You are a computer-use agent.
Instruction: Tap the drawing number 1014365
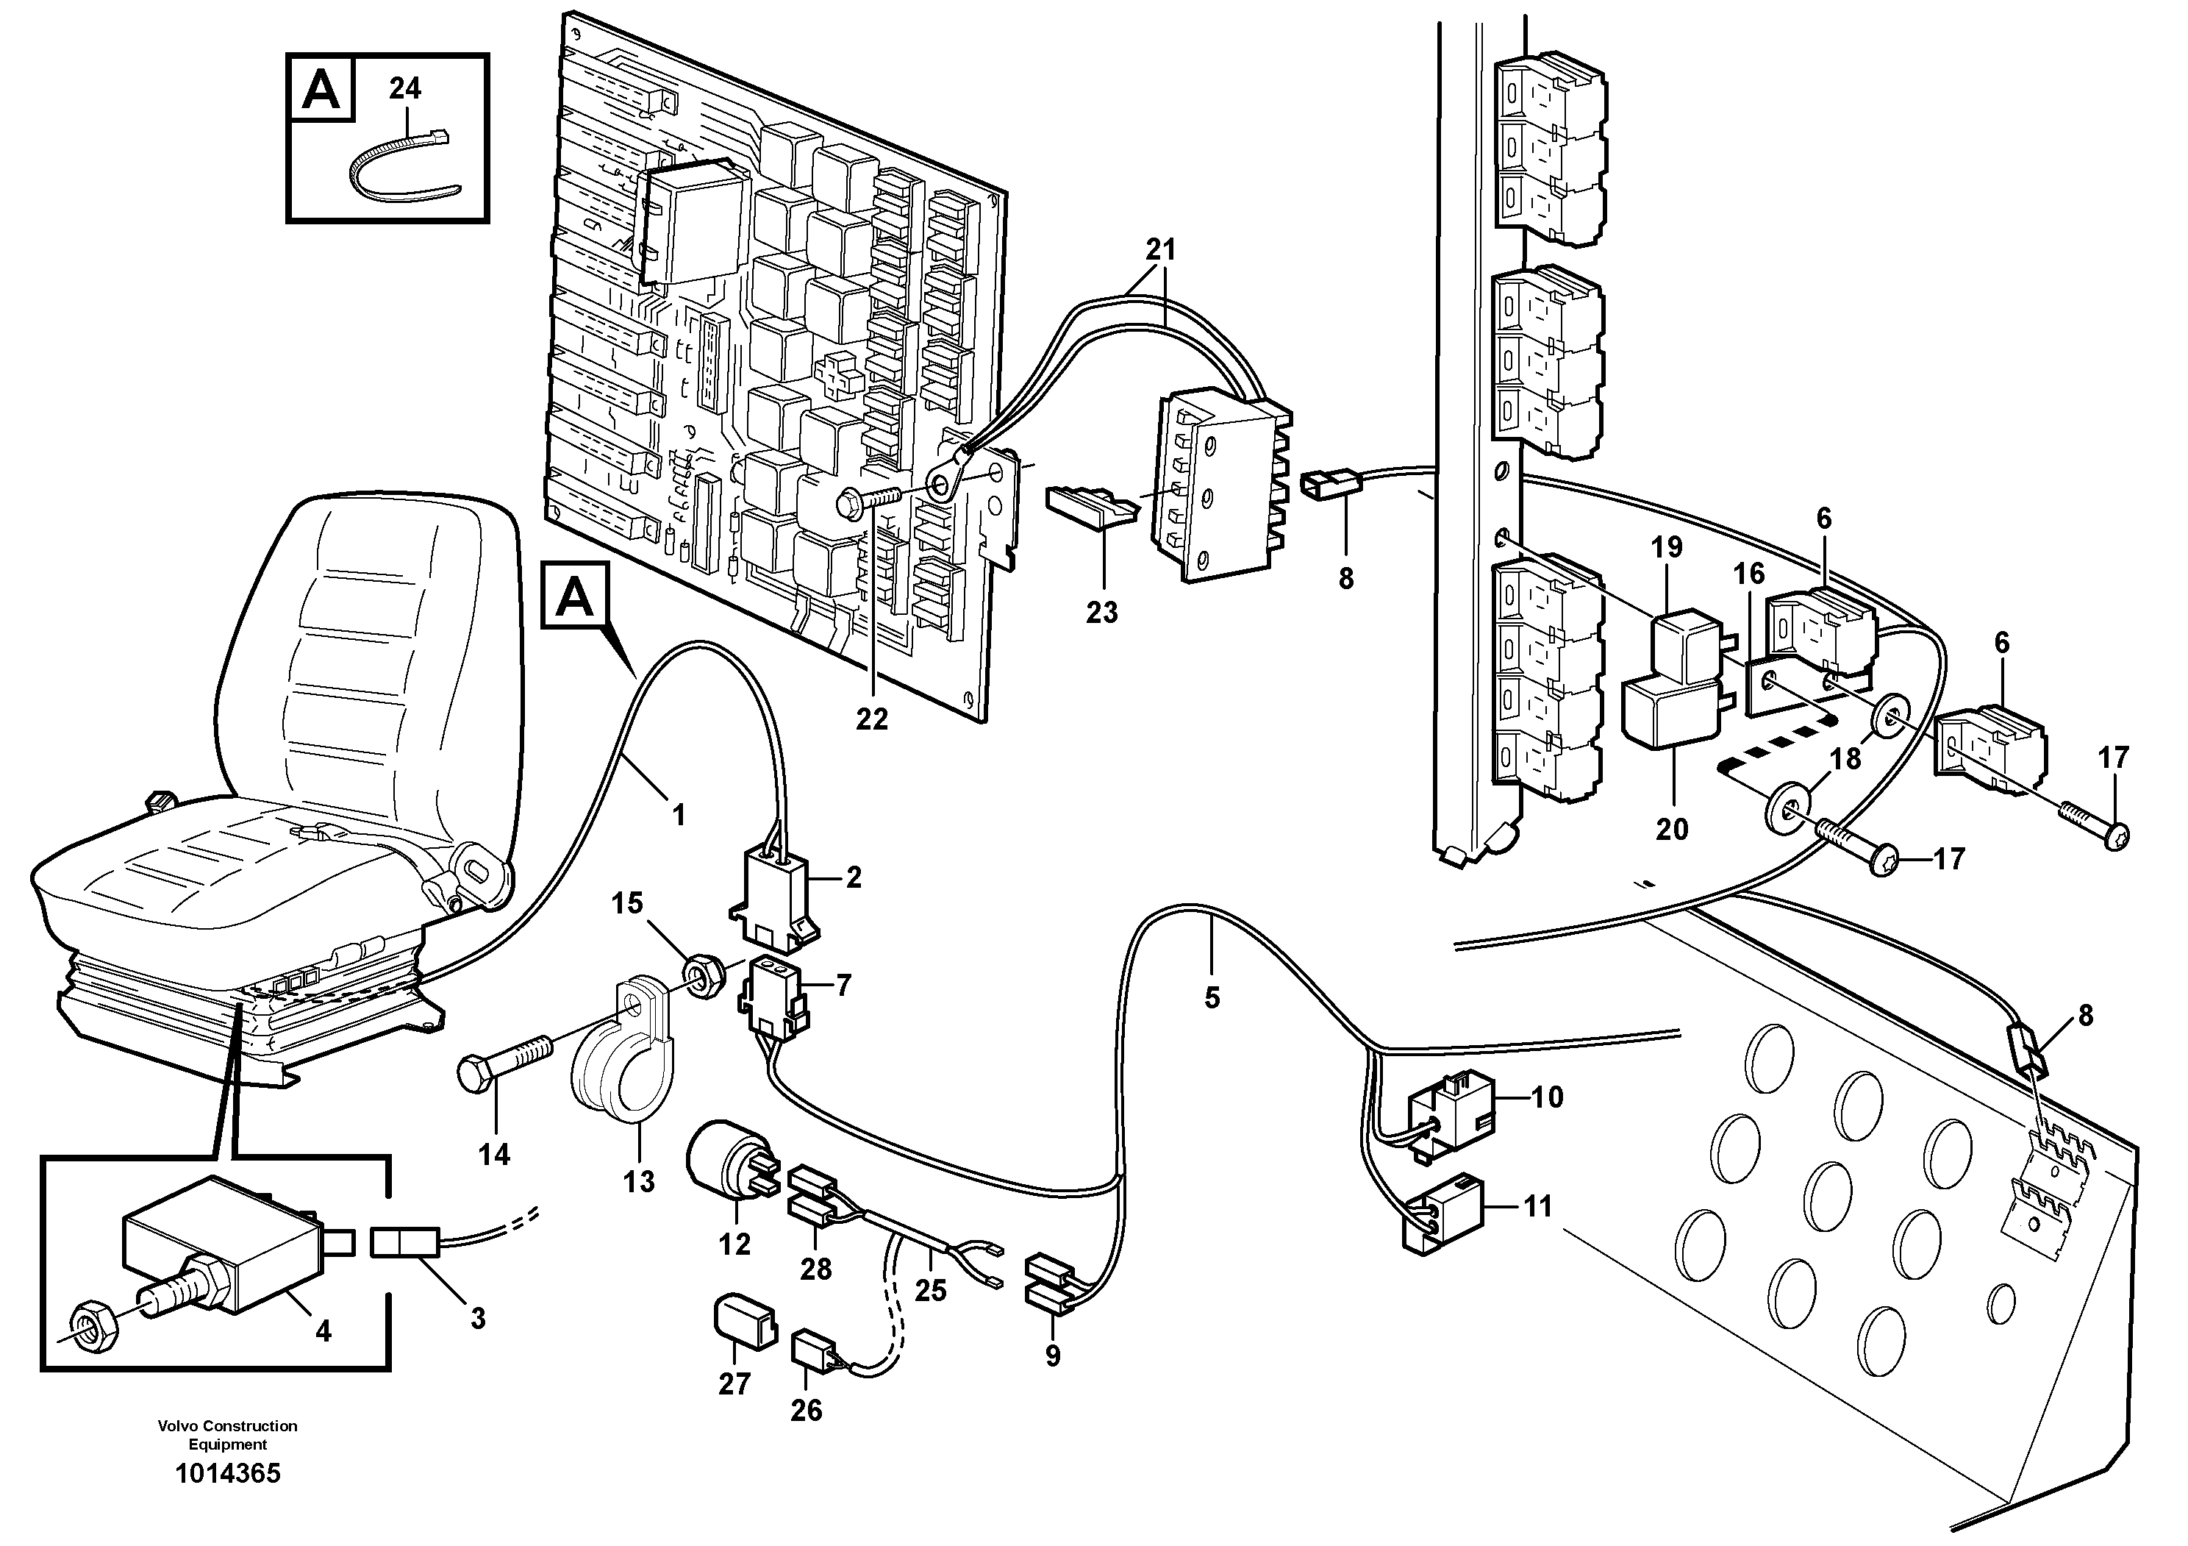228,1475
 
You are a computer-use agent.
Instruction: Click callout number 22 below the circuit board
871,719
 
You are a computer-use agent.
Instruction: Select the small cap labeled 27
743,1320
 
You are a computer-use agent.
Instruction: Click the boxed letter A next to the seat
575,596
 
